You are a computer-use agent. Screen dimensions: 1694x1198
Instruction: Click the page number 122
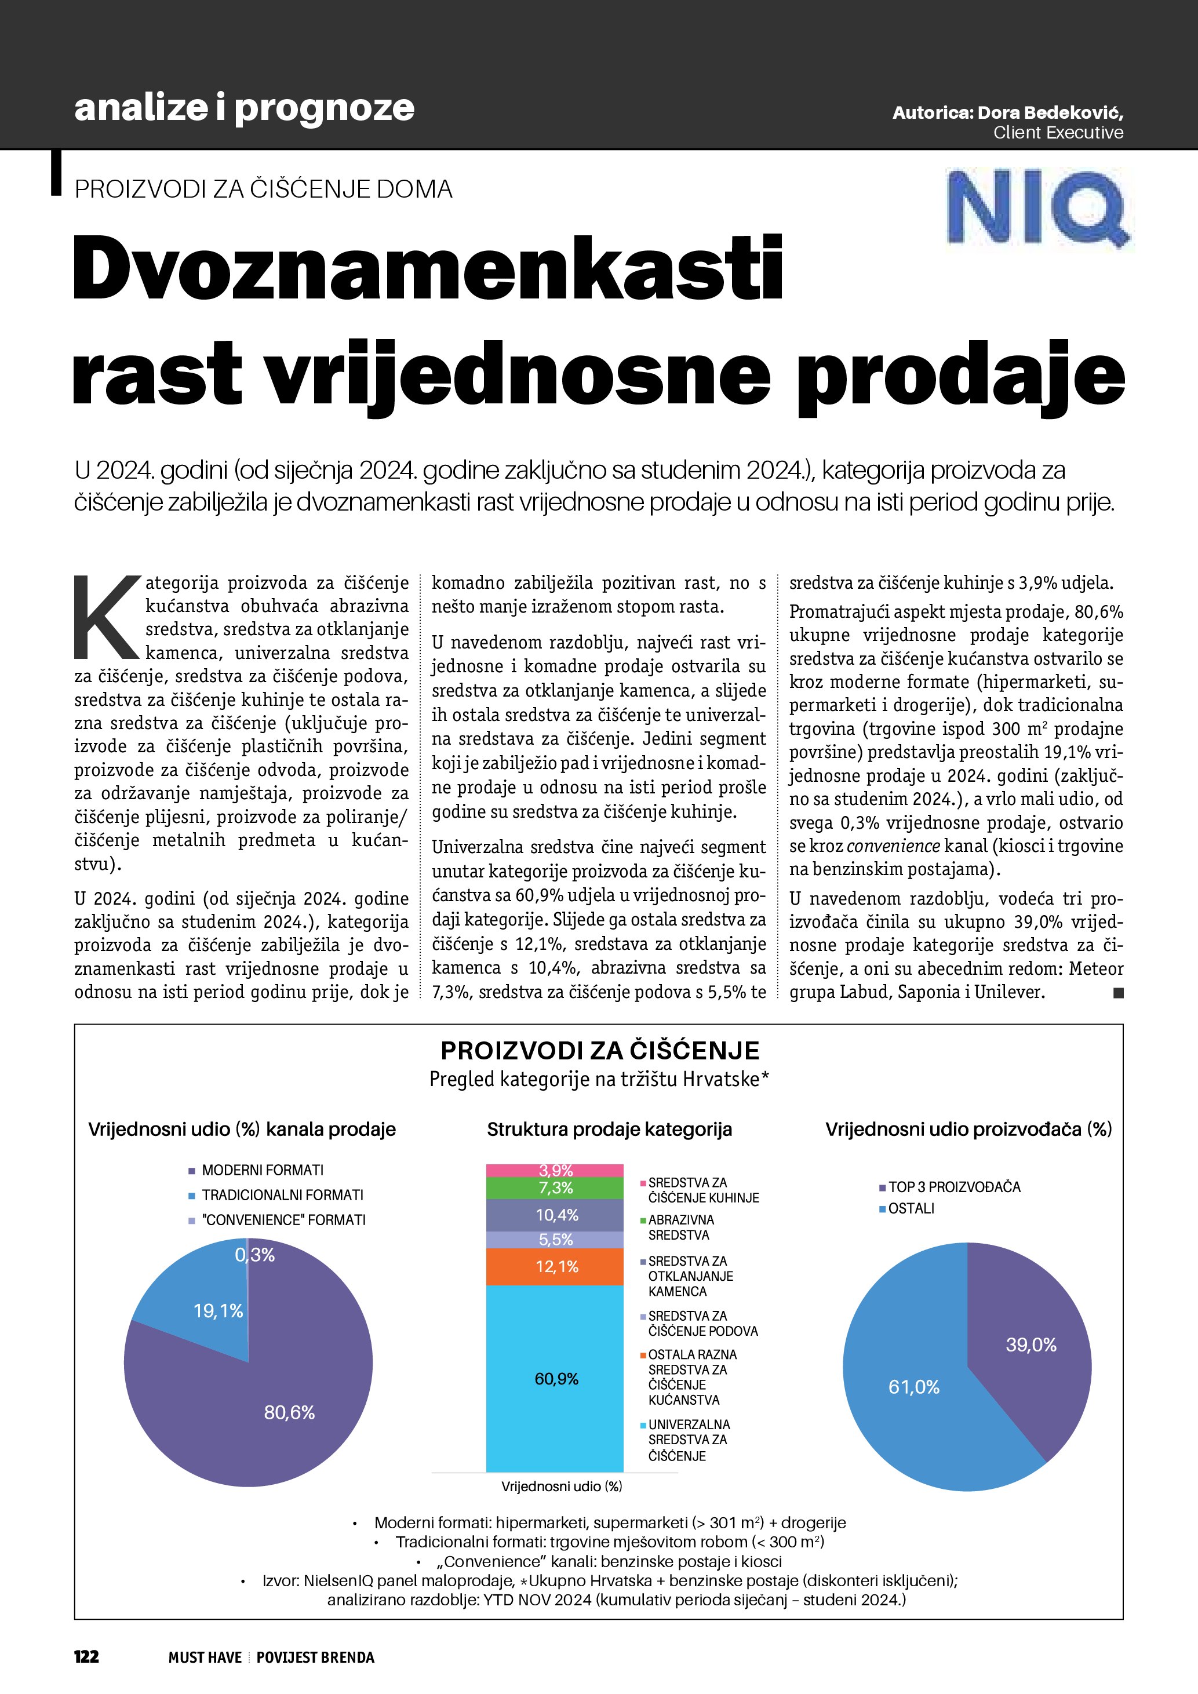point(86,1656)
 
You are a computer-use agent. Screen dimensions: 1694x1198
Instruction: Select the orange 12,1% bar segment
point(555,1267)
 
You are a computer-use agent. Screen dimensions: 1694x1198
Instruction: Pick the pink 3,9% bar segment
point(555,1170)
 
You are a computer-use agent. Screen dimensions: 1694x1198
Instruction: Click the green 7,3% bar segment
point(555,1188)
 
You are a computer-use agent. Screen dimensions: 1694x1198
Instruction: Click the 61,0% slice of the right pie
point(915,1387)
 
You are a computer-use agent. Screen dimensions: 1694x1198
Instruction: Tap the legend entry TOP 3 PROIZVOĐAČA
point(954,1187)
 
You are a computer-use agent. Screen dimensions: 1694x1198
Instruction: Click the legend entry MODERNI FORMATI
point(262,1170)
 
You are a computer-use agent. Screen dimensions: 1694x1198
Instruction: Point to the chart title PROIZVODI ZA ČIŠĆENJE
point(600,1051)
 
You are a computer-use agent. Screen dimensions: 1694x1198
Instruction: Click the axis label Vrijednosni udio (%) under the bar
point(562,1486)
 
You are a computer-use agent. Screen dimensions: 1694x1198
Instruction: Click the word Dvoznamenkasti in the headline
point(428,267)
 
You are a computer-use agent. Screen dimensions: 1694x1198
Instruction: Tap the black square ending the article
point(1119,993)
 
